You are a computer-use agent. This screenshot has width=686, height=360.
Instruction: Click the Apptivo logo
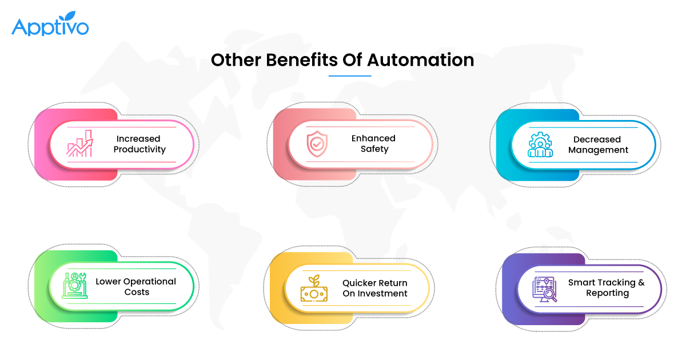tap(50, 23)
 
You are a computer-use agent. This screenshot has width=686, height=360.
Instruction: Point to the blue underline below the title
tap(350, 75)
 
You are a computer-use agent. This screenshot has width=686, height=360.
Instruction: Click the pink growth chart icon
tap(79, 143)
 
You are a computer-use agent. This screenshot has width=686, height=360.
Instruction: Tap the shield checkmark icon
tap(317, 143)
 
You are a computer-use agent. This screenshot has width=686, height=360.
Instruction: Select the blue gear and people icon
tap(540, 145)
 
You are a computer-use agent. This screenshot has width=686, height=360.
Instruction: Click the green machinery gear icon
tap(74, 286)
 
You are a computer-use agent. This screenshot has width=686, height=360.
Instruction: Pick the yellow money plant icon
tap(314, 288)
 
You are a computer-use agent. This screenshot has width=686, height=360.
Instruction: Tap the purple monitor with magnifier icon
tap(544, 289)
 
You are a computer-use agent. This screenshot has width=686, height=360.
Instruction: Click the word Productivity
tap(139, 149)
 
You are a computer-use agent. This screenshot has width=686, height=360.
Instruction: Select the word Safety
tap(374, 149)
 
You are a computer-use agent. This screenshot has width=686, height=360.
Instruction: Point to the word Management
tap(598, 150)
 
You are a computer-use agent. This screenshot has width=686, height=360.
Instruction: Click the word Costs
tap(137, 292)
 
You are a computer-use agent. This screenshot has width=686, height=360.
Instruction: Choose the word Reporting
tap(608, 293)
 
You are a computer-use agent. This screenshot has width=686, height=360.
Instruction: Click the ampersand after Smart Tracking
tap(641, 282)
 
